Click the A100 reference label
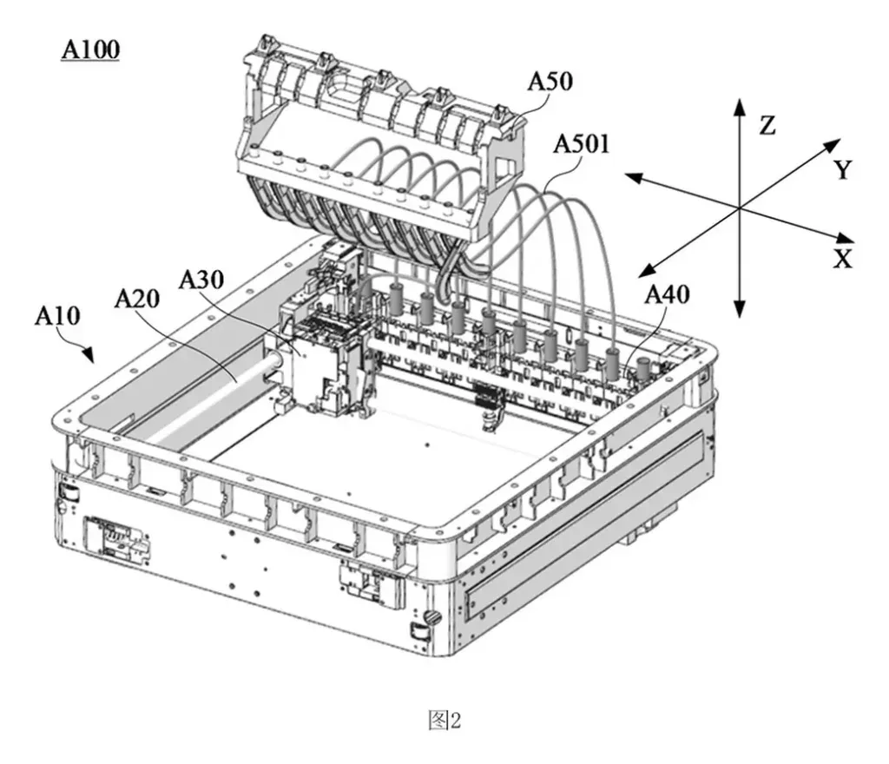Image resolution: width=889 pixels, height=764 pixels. click(x=90, y=49)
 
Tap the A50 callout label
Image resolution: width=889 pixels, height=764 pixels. click(x=550, y=82)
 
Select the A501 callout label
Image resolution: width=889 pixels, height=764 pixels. click(x=581, y=144)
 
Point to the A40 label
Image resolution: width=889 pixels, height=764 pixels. click(x=668, y=294)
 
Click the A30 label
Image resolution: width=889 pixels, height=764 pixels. click(x=201, y=280)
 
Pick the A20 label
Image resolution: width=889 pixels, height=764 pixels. click(x=136, y=298)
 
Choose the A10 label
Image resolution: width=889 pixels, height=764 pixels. click(x=57, y=316)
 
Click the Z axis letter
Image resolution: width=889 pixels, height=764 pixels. click(x=767, y=126)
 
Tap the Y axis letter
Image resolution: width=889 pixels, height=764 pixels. click(x=843, y=170)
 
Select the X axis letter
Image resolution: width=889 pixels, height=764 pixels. click(x=843, y=259)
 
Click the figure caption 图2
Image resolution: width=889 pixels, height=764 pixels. click(x=444, y=721)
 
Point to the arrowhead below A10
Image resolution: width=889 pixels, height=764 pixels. click(x=87, y=355)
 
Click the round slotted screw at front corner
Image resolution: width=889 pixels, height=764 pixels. click(x=433, y=616)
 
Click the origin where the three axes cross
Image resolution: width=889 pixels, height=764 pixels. click(x=739, y=209)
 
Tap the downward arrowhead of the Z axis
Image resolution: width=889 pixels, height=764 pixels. click(x=739, y=309)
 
